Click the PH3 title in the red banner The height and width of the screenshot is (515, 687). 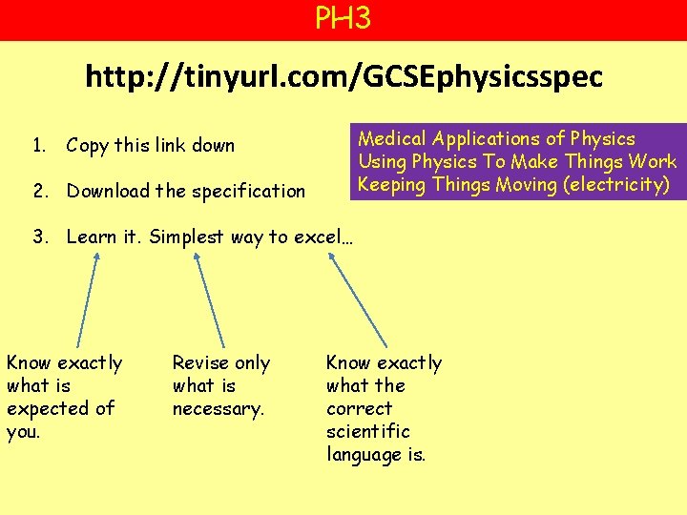click(x=343, y=18)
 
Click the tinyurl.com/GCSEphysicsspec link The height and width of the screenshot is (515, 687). click(x=343, y=76)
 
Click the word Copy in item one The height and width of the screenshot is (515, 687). click(x=87, y=146)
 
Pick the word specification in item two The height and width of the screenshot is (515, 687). click(x=249, y=191)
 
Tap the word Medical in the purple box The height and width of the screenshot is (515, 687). click(x=392, y=139)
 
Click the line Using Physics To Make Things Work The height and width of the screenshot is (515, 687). click(x=517, y=162)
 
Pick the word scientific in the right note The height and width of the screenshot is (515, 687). click(x=367, y=431)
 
